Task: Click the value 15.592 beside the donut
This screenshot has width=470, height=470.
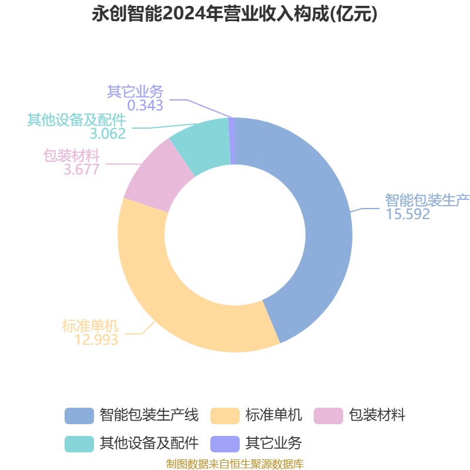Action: [x=408, y=214]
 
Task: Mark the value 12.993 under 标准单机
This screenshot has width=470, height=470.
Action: [x=97, y=340]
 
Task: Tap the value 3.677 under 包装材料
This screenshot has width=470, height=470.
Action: [x=81, y=170]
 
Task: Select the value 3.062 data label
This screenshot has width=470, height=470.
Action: [x=108, y=134]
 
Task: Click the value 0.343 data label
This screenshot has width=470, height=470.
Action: [x=145, y=106]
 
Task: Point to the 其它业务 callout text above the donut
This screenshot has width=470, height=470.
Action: [x=135, y=92]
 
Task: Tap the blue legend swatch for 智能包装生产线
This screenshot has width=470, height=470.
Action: [x=79, y=416]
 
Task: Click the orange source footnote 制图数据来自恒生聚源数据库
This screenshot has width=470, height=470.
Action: [x=234, y=464]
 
